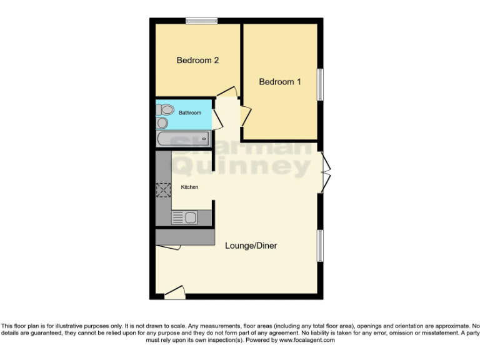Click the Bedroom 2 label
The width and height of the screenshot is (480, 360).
click(x=197, y=61)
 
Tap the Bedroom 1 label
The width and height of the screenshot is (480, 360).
click(x=280, y=82)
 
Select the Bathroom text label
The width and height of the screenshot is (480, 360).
click(x=190, y=113)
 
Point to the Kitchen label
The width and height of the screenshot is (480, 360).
click(x=189, y=187)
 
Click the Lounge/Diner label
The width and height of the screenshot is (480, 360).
click(x=251, y=246)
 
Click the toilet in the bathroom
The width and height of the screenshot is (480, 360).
click(x=164, y=110)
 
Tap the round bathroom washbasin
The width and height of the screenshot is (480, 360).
click(x=162, y=123)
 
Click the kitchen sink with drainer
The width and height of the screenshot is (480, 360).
click(x=184, y=217)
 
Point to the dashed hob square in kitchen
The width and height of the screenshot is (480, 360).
click(x=164, y=190)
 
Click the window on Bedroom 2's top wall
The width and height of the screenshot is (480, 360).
click(x=201, y=21)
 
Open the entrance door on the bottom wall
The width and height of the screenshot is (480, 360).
click(x=175, y=292)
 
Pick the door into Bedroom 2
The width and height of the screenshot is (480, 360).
click(x=227, y=92)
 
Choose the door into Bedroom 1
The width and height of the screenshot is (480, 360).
click(x=246, y=116)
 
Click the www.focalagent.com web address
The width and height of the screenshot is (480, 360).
click(x=306, y=341)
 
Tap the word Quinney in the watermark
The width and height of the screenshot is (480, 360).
click(x=241, y=167)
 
